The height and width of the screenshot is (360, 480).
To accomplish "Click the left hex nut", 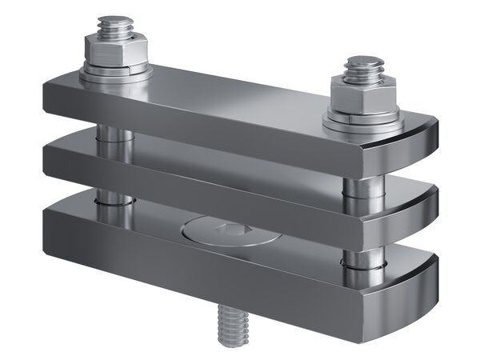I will (x=116, y=54).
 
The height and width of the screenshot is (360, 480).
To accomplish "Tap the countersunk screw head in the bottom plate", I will (x=227, y=233).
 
